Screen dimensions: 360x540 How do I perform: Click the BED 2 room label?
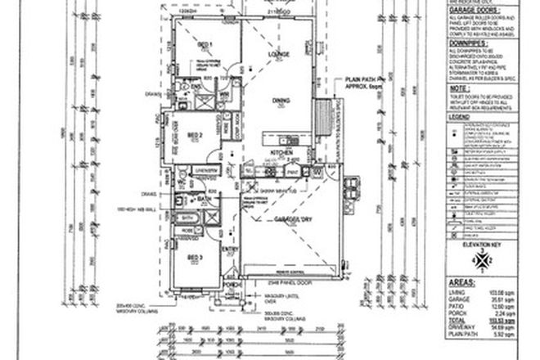click(195, 134)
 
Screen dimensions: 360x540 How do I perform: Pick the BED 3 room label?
click(194, 257)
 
